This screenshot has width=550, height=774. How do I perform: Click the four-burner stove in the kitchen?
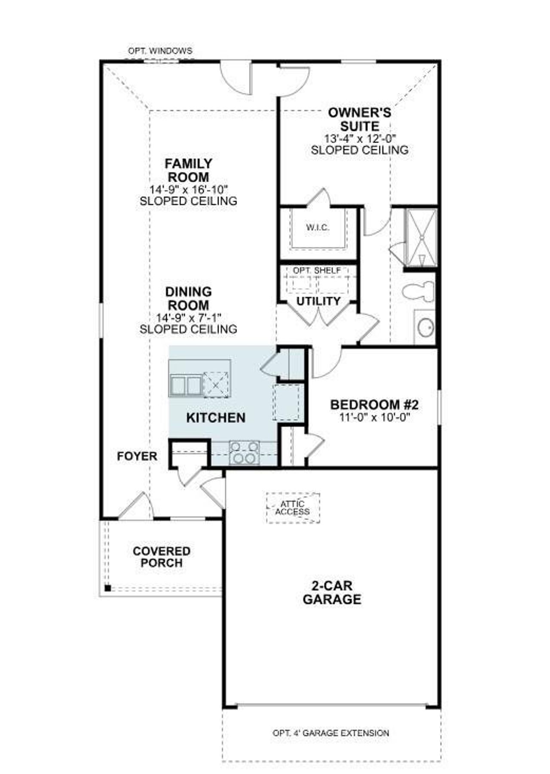pos(244,453)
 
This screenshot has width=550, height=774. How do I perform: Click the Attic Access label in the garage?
pos(293,508)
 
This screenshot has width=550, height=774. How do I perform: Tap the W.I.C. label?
pos(318,228)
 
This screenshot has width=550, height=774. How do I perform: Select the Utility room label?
pos(318,301)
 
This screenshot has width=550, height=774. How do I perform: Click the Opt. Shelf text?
pos(317,270)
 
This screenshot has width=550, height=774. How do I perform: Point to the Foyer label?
pos(137,456)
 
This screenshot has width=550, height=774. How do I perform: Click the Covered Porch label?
pos(162,557)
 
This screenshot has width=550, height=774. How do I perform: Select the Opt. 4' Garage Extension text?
pos(331,733)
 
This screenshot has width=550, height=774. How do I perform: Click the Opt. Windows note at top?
pos(160,51)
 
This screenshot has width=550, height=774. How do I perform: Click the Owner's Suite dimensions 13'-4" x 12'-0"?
pos(360,138)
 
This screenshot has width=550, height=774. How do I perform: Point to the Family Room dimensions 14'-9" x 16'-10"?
pos(188,189)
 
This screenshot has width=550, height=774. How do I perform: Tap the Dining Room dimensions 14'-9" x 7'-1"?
pos(188,318)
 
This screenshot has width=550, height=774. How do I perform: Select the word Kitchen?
pos(216,417)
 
